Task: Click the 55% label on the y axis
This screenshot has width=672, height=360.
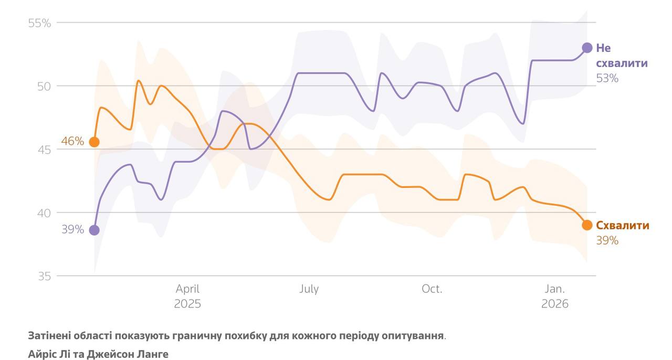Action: (x=39, y=23)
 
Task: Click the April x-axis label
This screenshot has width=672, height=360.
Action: (x=187, y=289)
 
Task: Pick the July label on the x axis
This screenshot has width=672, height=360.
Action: (x=309, y=289)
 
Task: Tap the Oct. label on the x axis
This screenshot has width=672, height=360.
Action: (x=432, y=289)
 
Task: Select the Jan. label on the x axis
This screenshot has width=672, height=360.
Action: (x=554, y=289)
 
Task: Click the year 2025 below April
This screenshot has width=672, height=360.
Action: (x=187, y=304)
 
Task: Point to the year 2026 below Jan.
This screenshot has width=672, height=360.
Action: (x=554, y=304)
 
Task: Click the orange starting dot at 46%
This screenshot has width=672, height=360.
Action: (x=94, y=142)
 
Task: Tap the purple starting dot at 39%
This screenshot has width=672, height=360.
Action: (x=94, y=230)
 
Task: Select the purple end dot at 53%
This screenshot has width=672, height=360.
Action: (x=587, y=48)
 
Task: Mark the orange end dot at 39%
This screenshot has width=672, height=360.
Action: (x=587, y=225)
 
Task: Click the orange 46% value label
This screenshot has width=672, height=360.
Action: (x=72, y=141)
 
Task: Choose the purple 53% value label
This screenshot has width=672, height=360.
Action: (x=607, y=78)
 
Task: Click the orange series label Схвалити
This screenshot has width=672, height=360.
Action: (x=623, y=226)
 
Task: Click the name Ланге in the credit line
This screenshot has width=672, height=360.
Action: (x=152, y=354)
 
